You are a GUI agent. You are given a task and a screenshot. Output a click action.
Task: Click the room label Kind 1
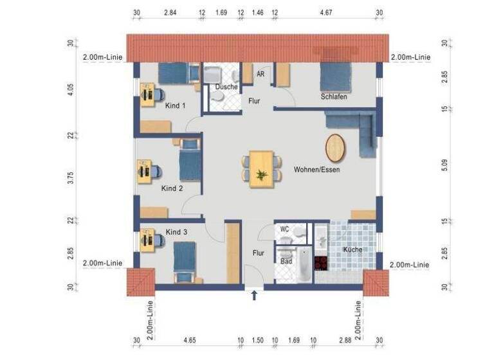tap(175, 105)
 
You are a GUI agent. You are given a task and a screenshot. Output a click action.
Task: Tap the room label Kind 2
tap(172, 188)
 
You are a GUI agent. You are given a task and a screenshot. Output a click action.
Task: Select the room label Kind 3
tap(176, 231)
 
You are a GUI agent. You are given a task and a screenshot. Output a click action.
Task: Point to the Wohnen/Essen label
tap(316, 170)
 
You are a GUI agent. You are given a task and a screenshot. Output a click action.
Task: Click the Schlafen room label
tap(334, 96)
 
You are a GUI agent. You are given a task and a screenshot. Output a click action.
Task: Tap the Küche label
tap(352, 249)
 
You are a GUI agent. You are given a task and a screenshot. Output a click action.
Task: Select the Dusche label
tap(226, 86)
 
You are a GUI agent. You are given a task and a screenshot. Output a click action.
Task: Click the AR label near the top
tap(261, 74)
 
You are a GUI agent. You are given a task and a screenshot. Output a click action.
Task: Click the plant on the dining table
tap(261, 174)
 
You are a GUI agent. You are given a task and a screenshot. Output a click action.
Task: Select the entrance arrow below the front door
tap(254, 295)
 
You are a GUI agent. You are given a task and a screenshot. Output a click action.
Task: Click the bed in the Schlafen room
tap(336, 77)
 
